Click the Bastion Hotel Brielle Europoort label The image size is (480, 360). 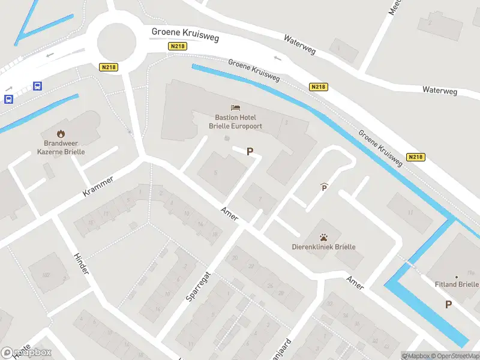point(235,122)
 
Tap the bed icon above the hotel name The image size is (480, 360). point(235,108)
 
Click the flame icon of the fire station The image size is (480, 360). point(61,133)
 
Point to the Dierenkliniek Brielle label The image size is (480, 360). point(323,247)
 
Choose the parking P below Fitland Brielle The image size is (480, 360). point(448,305)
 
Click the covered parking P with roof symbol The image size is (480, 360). point(325,188)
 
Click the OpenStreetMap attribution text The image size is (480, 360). point(454,356)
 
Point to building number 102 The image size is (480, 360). point(46,275)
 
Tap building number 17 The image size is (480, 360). point(410,212)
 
